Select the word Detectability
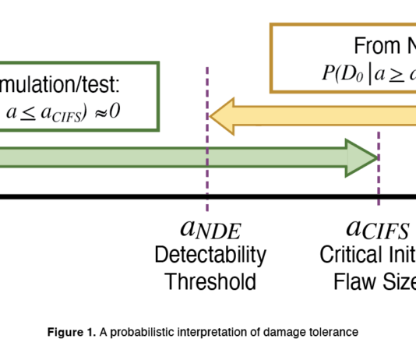click(x=210, y=255)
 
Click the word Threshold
click(x=210, y=281)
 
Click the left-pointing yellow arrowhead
click(x=226, y=116)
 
